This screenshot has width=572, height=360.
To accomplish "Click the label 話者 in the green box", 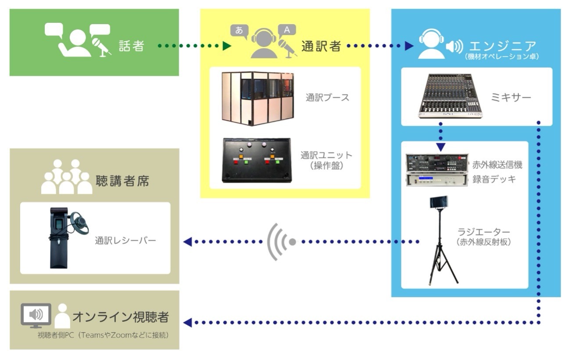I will pos(131,46).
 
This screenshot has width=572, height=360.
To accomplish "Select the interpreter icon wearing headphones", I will pos(264,43).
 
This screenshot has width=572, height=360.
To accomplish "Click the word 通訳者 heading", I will pos(321,46).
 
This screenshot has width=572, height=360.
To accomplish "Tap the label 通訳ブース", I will pos(327,97).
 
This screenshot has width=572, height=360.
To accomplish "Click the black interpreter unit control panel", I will pos(257,160).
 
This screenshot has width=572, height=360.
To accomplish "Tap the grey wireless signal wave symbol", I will pos(281,242).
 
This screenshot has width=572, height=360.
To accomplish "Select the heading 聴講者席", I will pos(122,181).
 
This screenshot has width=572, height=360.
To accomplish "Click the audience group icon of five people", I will pos(67,178).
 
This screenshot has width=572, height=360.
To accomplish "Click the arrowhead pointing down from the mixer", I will pos(440,147).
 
